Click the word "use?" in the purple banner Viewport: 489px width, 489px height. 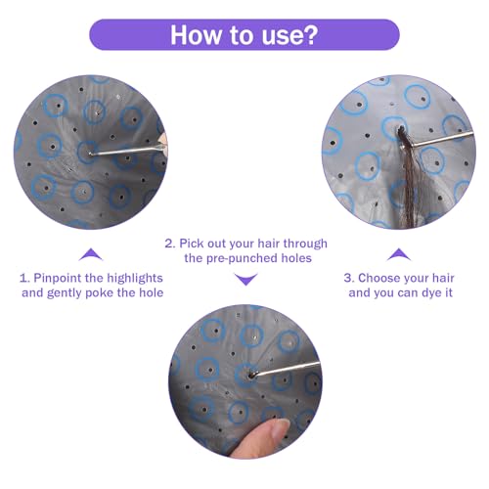coord(289,35)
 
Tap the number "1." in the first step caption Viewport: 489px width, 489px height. coord(24,278)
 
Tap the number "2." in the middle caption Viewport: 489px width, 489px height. coord(170,244)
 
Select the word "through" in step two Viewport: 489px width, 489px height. coord(305,244)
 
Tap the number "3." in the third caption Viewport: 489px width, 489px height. coord(349,278)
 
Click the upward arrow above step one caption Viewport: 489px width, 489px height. coord(91,254)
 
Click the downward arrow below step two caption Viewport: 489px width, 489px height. coord(246,280)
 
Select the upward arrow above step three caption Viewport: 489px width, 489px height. coord(399,254)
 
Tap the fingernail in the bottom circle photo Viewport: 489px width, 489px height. coord(280,429)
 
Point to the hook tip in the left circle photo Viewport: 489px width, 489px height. coord(89,154)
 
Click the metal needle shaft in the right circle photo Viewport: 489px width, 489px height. coord(437,141)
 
